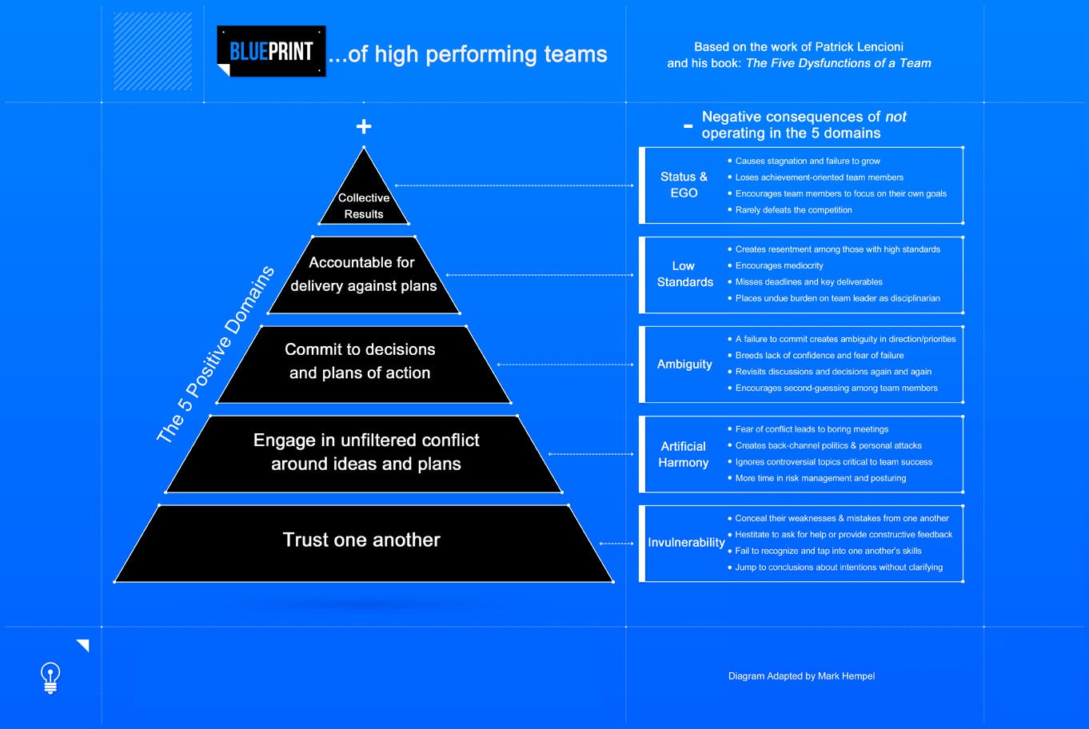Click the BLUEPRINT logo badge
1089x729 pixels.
[x=271, y=51]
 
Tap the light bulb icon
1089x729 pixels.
[x=50, y=677]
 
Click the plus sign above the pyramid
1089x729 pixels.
[x=364, y=126]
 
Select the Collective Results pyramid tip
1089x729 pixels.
[x=364, y=200]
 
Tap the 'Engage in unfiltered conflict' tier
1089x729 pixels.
[x=365, y=453]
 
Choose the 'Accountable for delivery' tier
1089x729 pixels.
[x=364, y=274]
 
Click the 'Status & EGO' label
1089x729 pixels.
[x=684, y=185]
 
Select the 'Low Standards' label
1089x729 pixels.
[x=684, y=273]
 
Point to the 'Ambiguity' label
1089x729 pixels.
[x=684, y=364]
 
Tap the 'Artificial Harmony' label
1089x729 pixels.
[x=684, y=454]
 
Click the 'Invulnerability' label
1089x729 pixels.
[x=686, y=543]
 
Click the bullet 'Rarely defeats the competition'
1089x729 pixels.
[x=793, y=210]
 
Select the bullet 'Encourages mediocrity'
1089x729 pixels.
[x=779, y=265]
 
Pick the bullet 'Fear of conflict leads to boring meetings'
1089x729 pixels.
[x=812, y=429]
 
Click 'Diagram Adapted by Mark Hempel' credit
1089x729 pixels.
[x=801, y=676]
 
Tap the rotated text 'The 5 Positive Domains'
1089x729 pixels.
[x=216, y=355]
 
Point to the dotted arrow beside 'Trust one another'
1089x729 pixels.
[x=616, y=544]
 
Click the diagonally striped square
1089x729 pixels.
[x=153, y=51]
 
